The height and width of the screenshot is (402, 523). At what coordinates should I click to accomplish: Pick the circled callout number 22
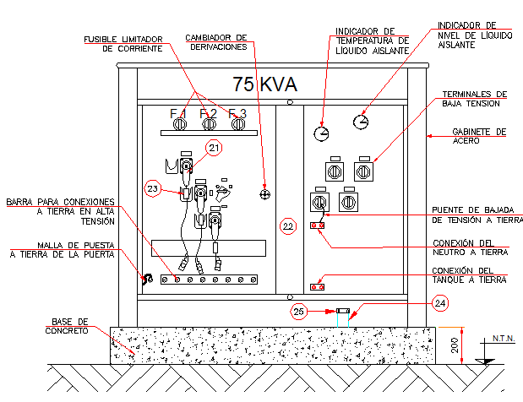click(x=288, y=225)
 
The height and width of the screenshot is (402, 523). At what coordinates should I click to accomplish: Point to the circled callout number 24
click(x=439, y=301)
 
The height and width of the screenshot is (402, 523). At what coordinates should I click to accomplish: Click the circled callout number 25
click(x=299, y=312)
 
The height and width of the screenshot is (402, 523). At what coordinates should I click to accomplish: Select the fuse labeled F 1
click(x=179, y=124)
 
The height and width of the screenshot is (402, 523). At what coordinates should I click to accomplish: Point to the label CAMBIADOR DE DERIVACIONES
click(x=216, y=42)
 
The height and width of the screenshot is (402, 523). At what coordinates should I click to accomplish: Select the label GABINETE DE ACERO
click(x=478, y=136)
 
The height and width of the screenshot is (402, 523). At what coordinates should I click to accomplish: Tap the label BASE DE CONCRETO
click(x=69, y=326)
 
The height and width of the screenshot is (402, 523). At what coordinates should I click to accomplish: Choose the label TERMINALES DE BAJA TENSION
click(x=474, y=99)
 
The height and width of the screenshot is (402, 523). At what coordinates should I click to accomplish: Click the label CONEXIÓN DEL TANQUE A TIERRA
click(x=471, y=275)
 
